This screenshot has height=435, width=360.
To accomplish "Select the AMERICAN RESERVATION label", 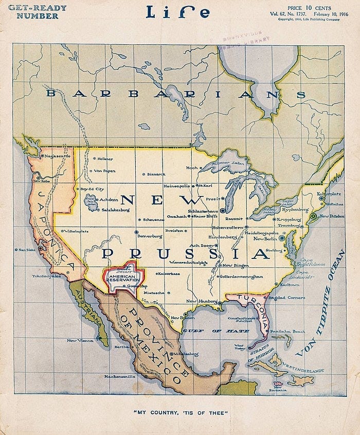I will coord(121,277).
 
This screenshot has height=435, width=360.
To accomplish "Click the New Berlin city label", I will coord(265,239).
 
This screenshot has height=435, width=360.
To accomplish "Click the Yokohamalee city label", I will coord(47,275).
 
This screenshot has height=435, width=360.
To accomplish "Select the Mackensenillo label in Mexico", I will coord(119,377).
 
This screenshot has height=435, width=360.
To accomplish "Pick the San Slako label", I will coord(27,250).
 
